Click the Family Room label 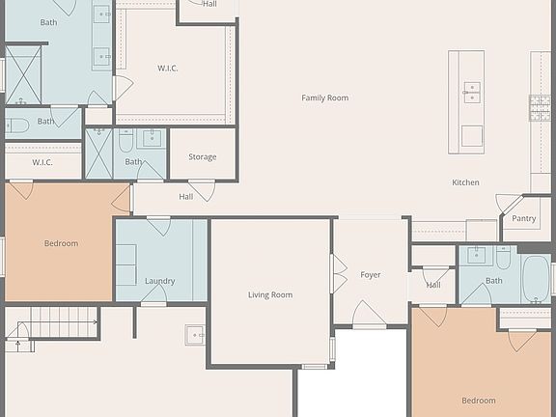[324, 97]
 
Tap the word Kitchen [465, 182]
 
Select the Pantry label [524, 218]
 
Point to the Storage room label [202, 156]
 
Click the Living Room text [270, 294]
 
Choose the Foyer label [371, 275]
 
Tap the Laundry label [160, 281]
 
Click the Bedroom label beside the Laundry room [61, 243]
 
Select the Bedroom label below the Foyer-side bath [478, 401]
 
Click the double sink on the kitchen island [472, 92]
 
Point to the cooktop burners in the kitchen [540, 107]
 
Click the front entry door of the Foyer [370, 315]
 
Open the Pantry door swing [509, 204]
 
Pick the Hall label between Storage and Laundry [185, 196]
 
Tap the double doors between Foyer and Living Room [338, 274]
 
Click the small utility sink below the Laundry [195, 335]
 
